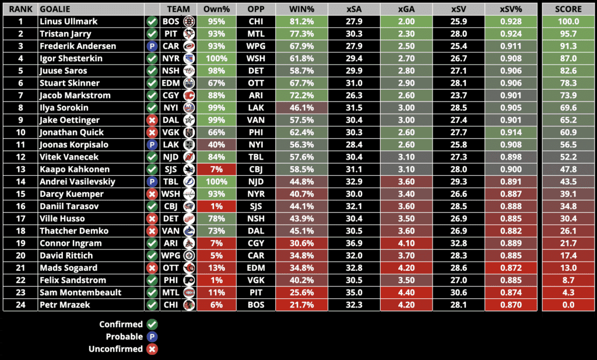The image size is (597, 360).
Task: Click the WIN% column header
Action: coord(301,9)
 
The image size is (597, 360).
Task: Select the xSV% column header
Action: coord(511,9)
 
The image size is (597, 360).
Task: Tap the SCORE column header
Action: coord(568,9)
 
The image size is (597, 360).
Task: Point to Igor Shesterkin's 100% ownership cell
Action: coord(216,58)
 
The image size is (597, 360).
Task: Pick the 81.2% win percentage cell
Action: coord(301,22)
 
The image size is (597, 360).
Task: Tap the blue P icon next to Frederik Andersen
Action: coord(152,46)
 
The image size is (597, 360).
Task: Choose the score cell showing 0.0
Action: coord(568,305)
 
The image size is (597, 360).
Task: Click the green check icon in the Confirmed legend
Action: coord(152,324)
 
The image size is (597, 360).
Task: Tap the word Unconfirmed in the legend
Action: coord(115,349)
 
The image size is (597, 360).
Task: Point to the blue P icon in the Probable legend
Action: coord(152,337)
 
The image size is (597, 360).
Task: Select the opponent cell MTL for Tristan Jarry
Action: coord(255,34)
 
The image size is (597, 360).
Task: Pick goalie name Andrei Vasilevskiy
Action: coord(78,181)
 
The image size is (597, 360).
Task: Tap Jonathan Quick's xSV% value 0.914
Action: coord(511,132)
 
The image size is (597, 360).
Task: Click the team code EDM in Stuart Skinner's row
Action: coord(171,83)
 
